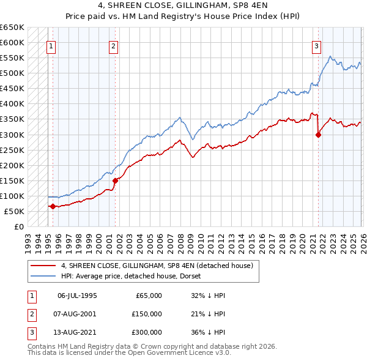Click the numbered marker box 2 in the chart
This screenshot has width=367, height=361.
pyautogui.click(x=114, y=45)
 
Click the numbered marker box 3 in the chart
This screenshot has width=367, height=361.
pyautogui.click(x=316, y=45)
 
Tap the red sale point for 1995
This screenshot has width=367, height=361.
pyautogui.click(x=53, y=206)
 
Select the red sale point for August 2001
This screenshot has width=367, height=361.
pyautogui.click(x=115, y=180)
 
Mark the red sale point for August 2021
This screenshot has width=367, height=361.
pyautogui.click(x=318, y=135)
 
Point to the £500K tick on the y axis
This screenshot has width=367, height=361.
pyautogui.click(x=12, y=73)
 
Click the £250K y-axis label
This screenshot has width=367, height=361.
pyautogui.click(x=12, y=150)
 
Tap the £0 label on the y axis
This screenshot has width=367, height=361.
pyautogui.click(x=18, y=226)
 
